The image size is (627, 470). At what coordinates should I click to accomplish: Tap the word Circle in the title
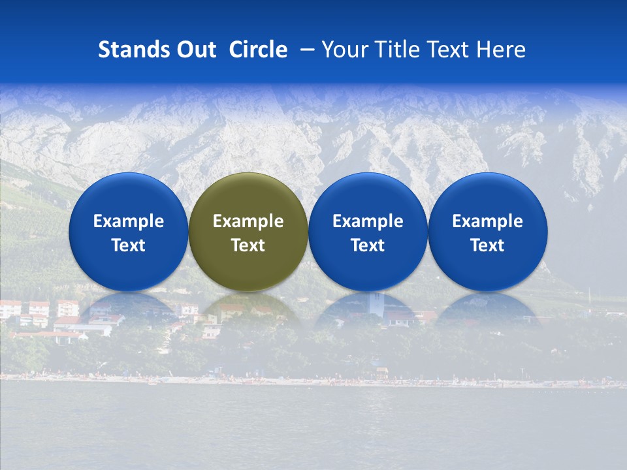coord(258,50)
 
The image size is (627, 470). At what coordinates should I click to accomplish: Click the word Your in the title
coord(342,50)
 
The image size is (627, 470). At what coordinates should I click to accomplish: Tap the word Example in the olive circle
coord(248,221)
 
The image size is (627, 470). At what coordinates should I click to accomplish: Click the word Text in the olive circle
coord(248,245)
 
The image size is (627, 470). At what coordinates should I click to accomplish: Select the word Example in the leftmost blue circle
coord(129,221)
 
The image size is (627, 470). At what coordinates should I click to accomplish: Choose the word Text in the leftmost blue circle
coord(129,245)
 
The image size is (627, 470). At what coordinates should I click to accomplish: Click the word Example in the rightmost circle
coord(488,221)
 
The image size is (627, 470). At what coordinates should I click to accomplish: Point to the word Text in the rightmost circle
coord(488,245)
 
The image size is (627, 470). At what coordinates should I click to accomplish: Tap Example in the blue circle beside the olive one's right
coord(368,221)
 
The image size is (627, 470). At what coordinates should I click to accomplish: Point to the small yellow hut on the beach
coord(381,373)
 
